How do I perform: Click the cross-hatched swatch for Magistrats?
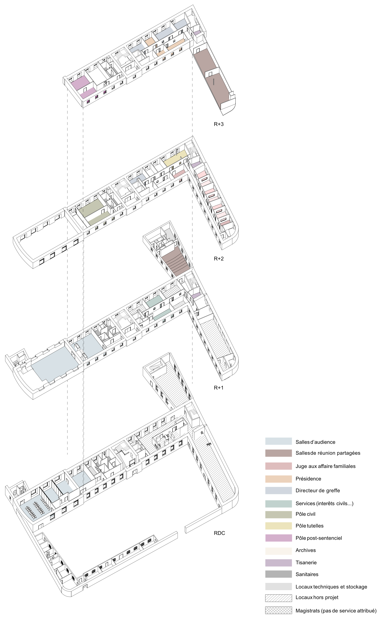pos(278,610)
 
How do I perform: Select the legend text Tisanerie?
pos(306,563)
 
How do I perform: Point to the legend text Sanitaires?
pos(307,574)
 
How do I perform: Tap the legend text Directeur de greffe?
pos(318,491)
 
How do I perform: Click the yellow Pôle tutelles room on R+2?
pos(175,158)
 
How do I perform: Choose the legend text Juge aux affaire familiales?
pos(325,466)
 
